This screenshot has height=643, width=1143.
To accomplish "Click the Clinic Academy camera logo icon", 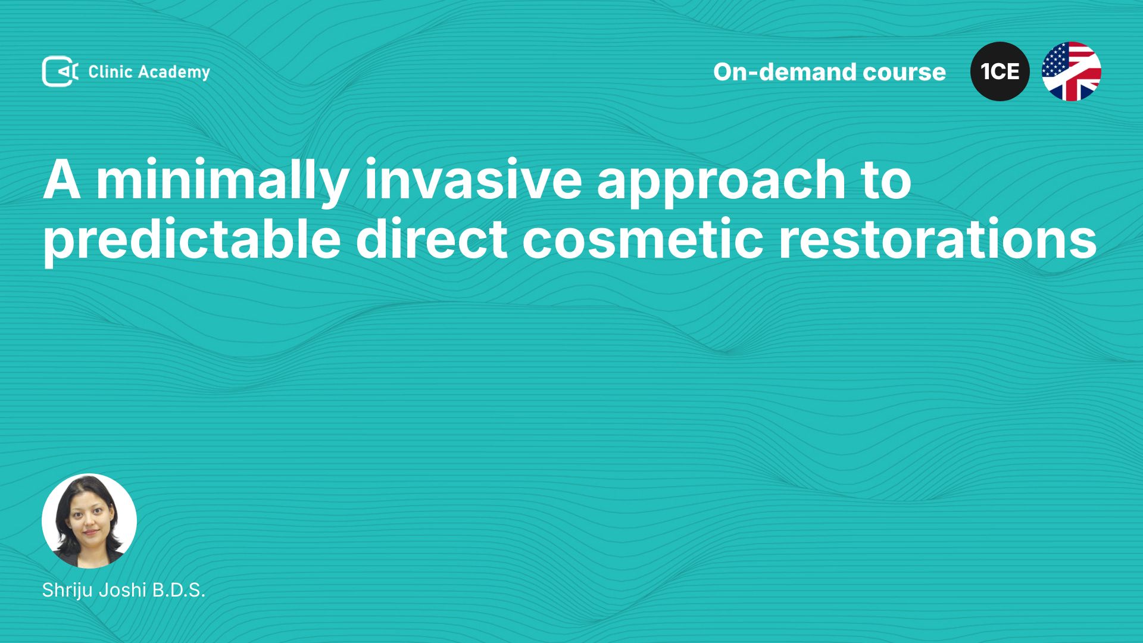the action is tap(60, 71).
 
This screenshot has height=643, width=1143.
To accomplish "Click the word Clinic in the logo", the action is tap(110, 71).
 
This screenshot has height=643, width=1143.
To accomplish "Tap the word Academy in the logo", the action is tap(174, 73).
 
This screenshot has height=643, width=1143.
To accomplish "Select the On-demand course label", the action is tap(829, 72).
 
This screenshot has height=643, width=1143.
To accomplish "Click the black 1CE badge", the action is tap(1000, 71).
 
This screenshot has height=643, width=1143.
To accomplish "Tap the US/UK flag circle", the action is tap(1072, 71).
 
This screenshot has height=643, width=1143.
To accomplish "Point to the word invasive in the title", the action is tap(473, 179).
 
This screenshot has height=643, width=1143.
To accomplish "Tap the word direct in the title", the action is tap(432, 238).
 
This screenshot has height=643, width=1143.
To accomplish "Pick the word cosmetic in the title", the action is tap(643, 238).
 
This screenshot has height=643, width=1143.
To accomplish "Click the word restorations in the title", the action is tap(938, 238).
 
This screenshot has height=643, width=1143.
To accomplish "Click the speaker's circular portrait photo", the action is tap(89, 521).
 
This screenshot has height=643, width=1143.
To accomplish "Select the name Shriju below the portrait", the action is tap(67, 591).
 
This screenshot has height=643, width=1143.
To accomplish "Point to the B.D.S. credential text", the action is tap(179, 590).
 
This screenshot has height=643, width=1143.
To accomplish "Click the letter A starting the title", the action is tap(62, 179).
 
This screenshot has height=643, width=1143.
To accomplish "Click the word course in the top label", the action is tap(904, 73).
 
